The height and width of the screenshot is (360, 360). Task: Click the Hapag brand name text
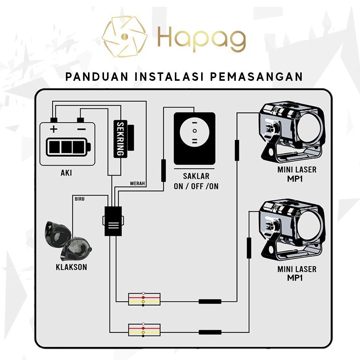point(202,37)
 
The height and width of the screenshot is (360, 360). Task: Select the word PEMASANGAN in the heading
point(256,76)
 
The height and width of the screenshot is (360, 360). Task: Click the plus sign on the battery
point(54,129)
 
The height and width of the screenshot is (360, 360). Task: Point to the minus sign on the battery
point(81,129)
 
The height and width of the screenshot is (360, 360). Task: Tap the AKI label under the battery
point(66,173)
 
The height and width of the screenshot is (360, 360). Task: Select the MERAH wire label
point(138,184)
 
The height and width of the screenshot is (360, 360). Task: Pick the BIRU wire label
point(80,198)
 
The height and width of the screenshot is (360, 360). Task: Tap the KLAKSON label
point(71,267)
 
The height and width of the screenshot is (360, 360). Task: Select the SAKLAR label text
point(196,176)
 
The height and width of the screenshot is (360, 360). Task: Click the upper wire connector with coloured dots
point(144,299)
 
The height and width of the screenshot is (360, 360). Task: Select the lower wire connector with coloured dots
point(144,330)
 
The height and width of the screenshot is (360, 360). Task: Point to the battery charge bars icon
point(67,146)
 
